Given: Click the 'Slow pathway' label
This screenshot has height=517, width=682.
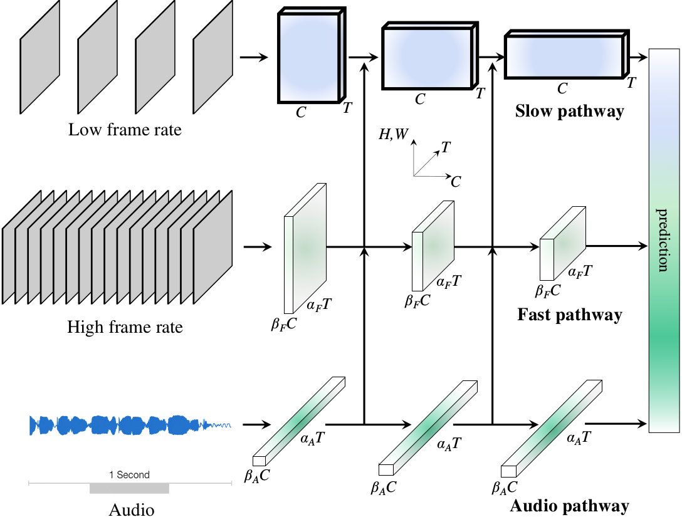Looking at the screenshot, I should coord(569,112).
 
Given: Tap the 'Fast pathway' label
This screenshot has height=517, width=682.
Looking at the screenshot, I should coord(569,314).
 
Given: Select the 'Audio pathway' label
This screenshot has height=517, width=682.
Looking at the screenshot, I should coord(569,506).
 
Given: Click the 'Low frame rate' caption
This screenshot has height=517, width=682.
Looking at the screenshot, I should coord(125,130).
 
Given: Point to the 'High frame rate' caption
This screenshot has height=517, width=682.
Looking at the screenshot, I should coord(125,326).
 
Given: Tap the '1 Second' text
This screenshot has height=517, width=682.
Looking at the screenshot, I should coord(129,475).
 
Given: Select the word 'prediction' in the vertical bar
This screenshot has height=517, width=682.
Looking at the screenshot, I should coord(663,239).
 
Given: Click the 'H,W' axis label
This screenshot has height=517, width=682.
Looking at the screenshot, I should coord(392,134).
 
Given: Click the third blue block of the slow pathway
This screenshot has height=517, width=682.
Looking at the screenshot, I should coord(564,56).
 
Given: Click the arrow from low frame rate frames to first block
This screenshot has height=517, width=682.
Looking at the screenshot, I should coord(254,58).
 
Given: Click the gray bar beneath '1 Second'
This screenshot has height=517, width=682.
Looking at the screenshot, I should coord(129,488).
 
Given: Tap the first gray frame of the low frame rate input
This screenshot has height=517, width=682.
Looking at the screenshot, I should coord(40,58).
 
